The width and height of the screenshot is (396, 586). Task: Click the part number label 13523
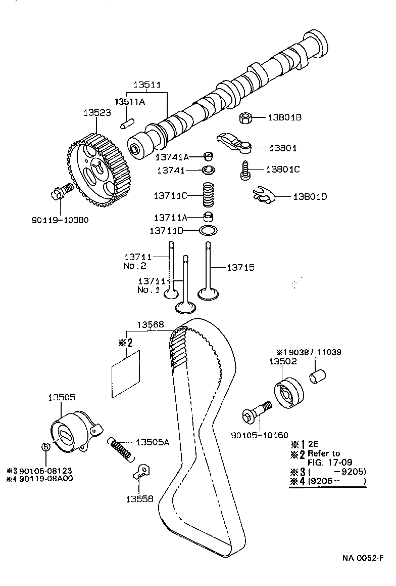(x=97, y=113)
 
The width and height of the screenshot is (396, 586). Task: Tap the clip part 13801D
(x=264, y=195)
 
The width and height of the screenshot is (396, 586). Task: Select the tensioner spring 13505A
(x=122, y=448)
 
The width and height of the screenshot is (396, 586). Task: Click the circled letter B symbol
(x=45, y=446)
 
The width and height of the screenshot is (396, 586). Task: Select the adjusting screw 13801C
(x=244, y=170)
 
